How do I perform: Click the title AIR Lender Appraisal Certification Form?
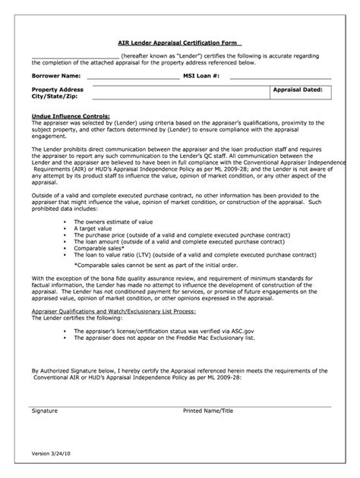[180, 44]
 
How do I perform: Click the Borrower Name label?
[55, 76]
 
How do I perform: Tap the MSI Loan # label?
[201, 76]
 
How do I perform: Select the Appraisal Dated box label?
[298, 90]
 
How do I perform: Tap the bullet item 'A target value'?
[95, 228]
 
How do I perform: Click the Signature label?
[45, 410]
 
